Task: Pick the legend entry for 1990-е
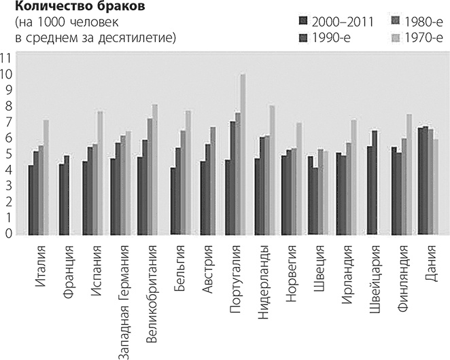[x=334, y=37]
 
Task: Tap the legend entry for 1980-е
[x=417, y=21]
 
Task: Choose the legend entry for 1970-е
[x=417, y=37]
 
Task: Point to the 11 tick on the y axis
[x=6, y=57]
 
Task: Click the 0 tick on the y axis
[x=7, y=234]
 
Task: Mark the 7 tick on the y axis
[x=7, y=122]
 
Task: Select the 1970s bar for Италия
[x=46, y=177]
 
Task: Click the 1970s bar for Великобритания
[x=155, y=170]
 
